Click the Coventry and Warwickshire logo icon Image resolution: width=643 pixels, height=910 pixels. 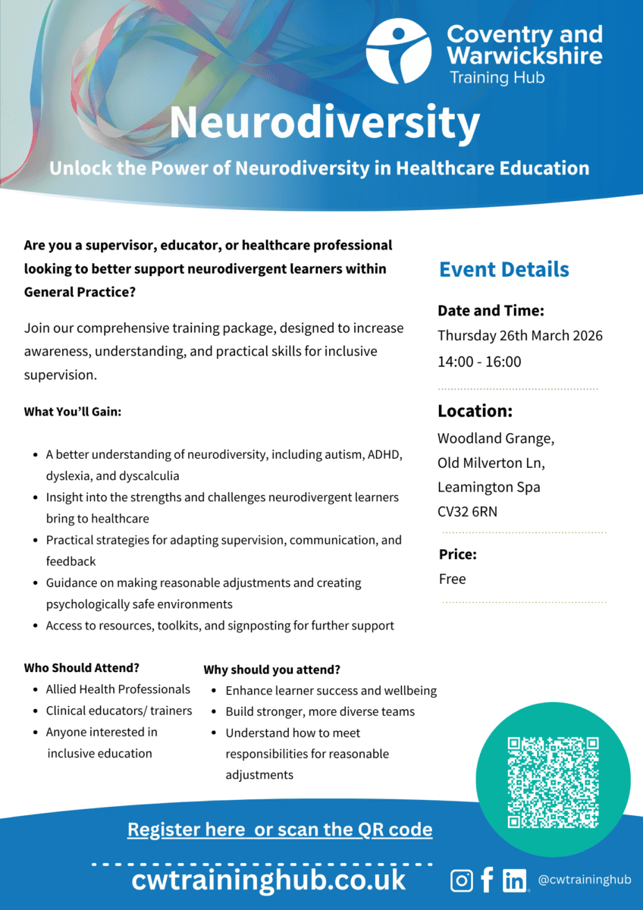click(x=399, y=52)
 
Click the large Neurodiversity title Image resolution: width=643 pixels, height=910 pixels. click(x=325, y=122)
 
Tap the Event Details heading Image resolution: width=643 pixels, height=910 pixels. click(x=503, y=269)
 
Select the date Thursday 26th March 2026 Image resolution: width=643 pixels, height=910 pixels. click(x=519, y=336)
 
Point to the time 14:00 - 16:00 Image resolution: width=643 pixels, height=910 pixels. click(x=479, y=362)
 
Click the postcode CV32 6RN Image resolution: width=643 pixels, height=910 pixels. click(x=467, y=512)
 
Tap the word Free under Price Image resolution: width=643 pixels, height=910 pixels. click(x=452, y=579)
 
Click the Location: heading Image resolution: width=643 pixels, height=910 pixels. click(x=475, y=412)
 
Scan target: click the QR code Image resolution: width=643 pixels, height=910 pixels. click(x=553, y=781)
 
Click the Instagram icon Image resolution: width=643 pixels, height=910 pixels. click(x=462, y=880)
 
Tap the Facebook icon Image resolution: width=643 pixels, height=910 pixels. click(x=487, y=880)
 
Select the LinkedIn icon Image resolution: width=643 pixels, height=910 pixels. click(x=515, y=880)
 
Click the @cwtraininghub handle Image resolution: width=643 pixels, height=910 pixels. click(x=584, y=880)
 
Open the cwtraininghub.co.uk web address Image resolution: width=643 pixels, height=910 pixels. click(x=268, y=880)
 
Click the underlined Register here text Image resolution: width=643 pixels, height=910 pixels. click(x=188, y=830)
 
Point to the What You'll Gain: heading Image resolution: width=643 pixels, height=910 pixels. click(x=73, y=412)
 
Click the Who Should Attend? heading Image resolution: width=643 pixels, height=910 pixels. click(x=82, y=668)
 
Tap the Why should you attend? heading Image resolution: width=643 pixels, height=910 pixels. click(x=271, y=670)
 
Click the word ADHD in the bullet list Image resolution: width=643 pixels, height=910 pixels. click(x=384, y=455)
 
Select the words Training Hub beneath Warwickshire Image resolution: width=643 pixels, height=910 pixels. click(x=497, y=77)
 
